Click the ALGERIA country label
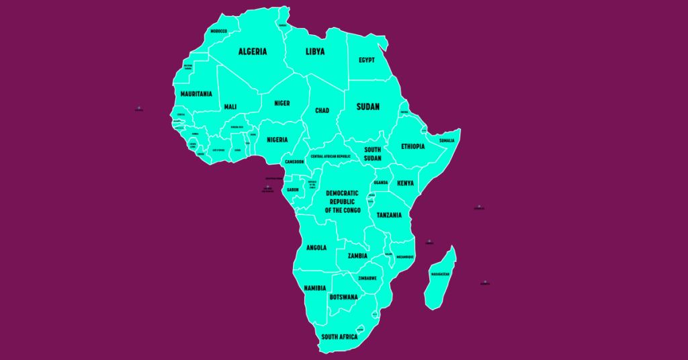click(253, 52)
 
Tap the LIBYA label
click(314, 52)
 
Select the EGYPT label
click(366, 60)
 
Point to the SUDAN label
click(368, 107)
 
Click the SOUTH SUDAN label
click(373, 154)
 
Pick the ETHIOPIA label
click(413, 146)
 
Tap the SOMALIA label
click(447, 140)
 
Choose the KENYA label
click(405, 183)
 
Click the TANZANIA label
click(389, 215)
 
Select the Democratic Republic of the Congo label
click(343, 201)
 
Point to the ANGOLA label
click(316, 248)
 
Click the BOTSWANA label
click(343, 297)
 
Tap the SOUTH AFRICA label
click(339, 336)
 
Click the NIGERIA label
click(277, 140)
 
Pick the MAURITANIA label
click(196, 94)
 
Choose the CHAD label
click(322, 111)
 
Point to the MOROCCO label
click(218, 31)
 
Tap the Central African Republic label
click(331, 156)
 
